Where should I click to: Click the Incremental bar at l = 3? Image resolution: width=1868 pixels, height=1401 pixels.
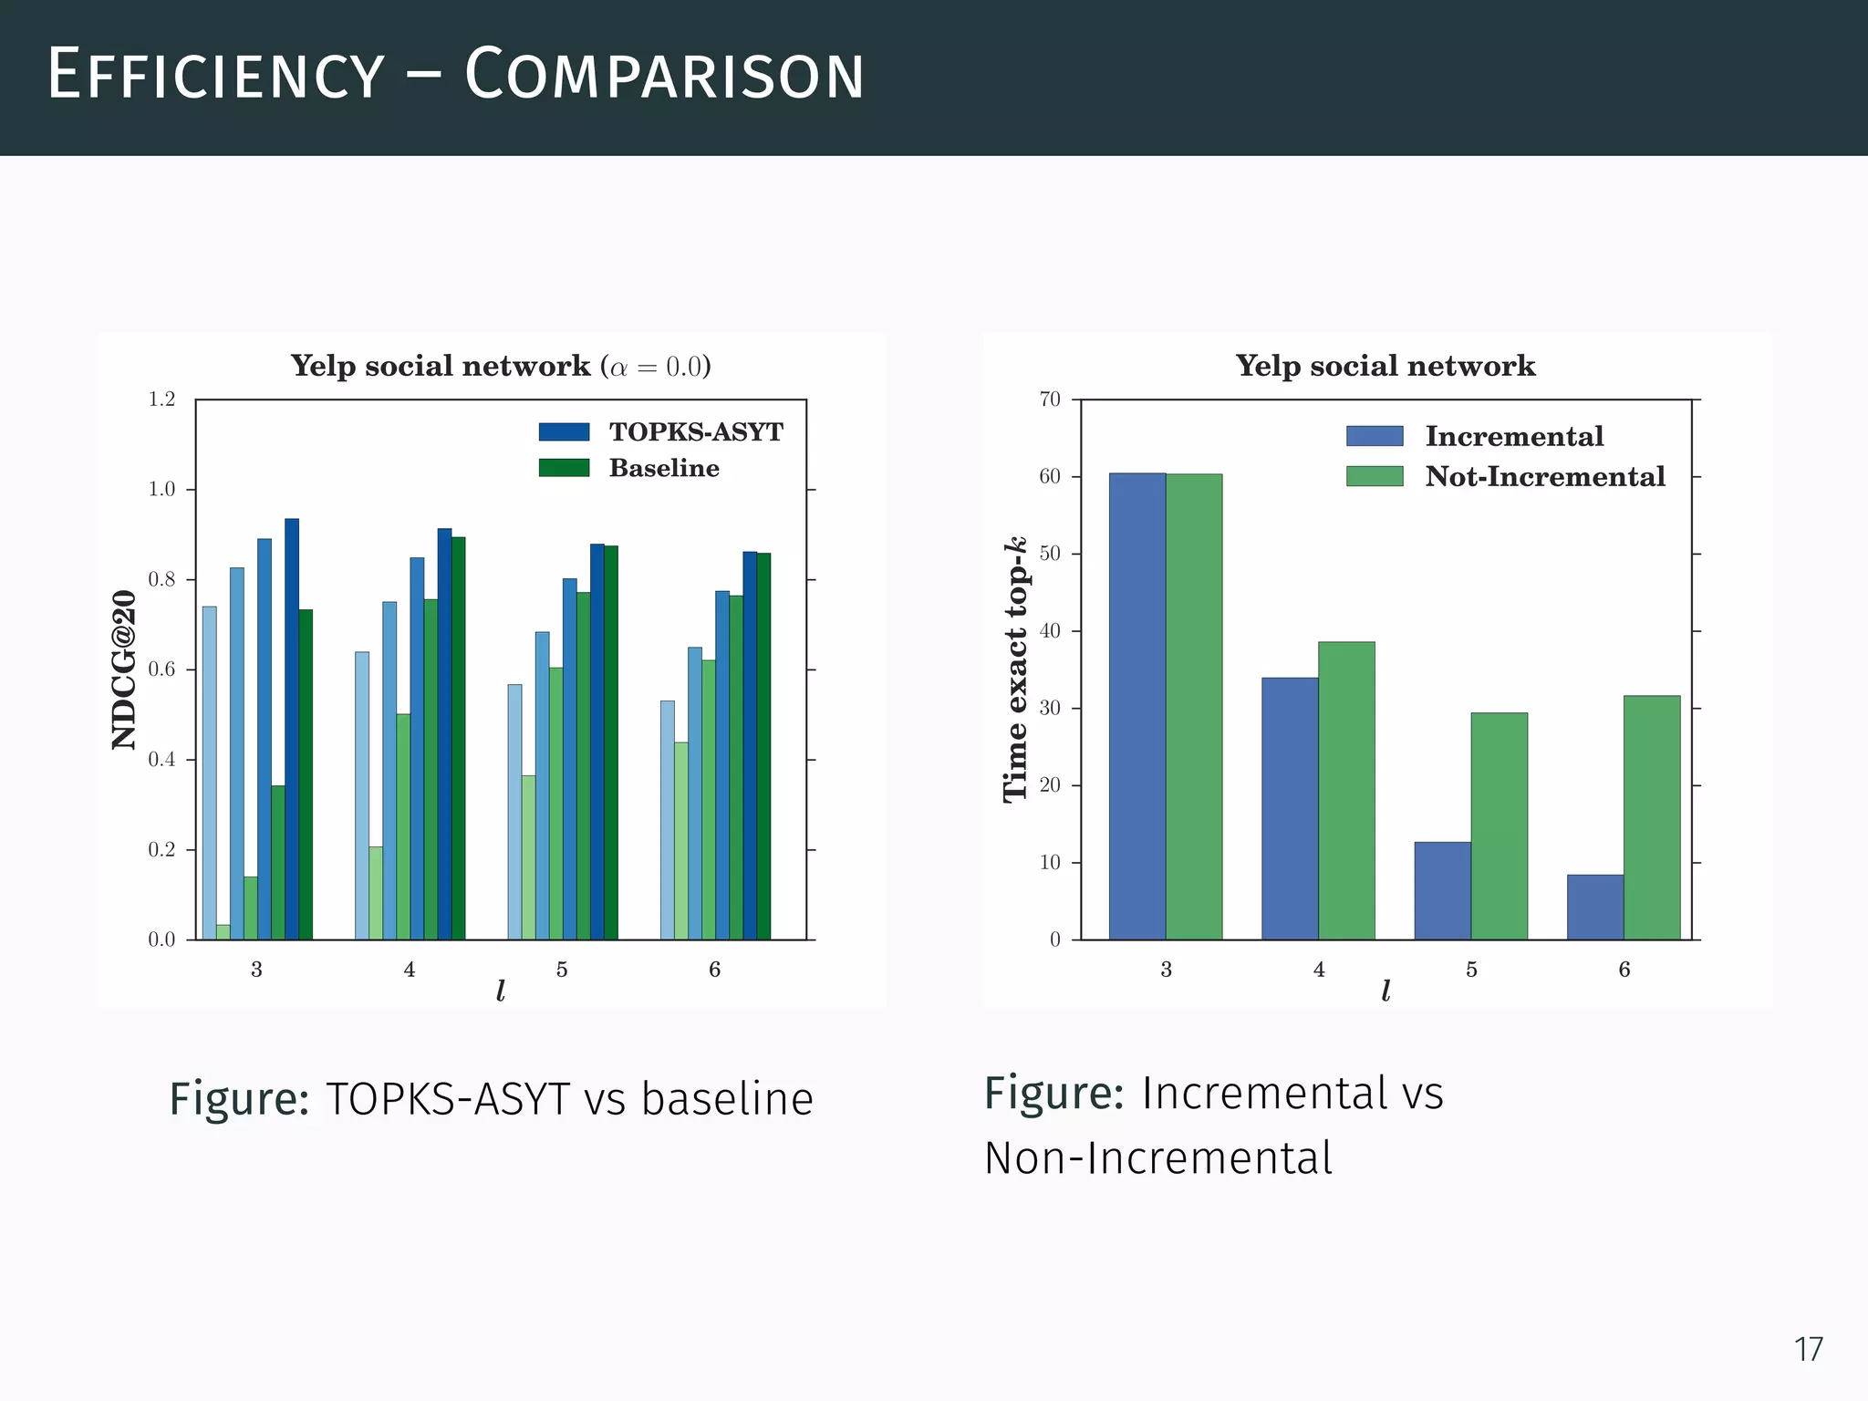[x=1136, y=706]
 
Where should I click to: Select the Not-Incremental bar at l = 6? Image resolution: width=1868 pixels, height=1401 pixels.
[x=1651, y=817]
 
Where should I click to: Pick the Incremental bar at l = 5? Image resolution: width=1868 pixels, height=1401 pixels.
[x=1442, y=890]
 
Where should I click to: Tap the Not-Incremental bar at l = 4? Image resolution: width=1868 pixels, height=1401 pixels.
[x=1346, y=790]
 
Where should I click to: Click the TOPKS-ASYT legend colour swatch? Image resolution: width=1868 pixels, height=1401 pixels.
[x=564, y=431]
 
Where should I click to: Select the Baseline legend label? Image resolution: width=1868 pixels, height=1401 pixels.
[x=664, y=468]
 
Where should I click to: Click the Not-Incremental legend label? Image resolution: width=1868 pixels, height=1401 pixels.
[x=1545, y=476]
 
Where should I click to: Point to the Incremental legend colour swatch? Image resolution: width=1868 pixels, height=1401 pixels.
[x=1375, y=436]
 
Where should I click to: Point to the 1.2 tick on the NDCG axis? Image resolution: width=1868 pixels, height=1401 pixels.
[x=161, y=400]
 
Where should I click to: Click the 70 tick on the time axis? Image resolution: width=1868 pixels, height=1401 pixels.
[x=1050, y=400]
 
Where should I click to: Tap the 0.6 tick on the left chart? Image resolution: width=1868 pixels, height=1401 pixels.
[x=161, y=669]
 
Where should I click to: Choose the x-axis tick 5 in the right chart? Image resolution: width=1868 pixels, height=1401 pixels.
[x=1471, y=970]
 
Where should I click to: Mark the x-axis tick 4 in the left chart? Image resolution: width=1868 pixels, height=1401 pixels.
[x=410, y=970]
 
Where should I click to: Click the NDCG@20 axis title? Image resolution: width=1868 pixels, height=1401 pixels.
[x=124, y=669]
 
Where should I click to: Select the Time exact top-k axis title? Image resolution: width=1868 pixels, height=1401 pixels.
[x=1015, y=669]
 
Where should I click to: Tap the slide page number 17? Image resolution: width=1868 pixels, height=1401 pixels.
[x=1808, y=1349]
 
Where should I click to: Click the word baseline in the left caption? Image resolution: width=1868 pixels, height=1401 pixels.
[x=726, y=1098]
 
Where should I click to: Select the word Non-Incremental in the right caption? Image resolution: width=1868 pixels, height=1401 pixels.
[x=1157, y=1158]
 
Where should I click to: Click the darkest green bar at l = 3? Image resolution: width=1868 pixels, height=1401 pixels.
[x=306, y=774]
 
